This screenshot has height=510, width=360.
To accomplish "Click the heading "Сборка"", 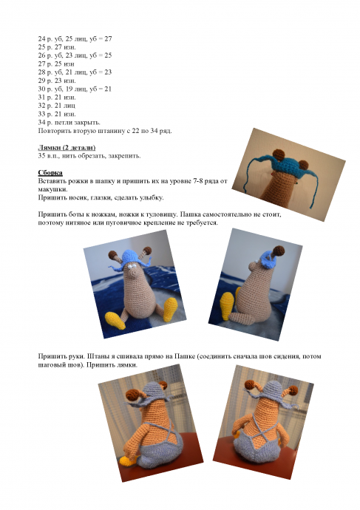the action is click(50, 173).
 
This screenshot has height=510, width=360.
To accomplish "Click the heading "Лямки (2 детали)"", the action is click(67, 147).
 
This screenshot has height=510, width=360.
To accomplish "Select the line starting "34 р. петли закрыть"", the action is click(69, 122).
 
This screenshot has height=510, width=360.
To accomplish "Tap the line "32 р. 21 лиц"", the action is click(57, 106).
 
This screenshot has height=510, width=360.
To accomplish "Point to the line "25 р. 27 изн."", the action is click(57, 47).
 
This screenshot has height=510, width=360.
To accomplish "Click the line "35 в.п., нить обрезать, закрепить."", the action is click(89, 155).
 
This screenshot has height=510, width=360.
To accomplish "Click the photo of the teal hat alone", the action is click(288, 174).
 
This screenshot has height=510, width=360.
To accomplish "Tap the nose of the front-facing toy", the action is click(133, 276).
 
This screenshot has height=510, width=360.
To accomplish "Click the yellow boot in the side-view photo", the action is click(228, 306).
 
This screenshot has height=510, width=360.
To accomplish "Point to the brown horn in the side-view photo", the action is click(279, 251).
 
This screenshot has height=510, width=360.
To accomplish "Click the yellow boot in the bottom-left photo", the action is click(128, 460).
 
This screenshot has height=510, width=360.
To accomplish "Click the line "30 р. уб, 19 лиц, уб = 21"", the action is click(75, 89).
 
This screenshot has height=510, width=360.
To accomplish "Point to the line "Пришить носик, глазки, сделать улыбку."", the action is click(101, 197).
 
